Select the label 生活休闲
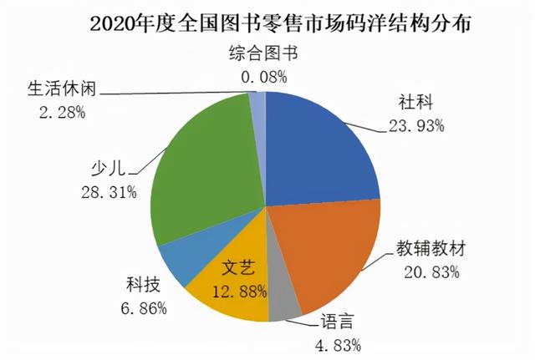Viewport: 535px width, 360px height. point(58,89)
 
